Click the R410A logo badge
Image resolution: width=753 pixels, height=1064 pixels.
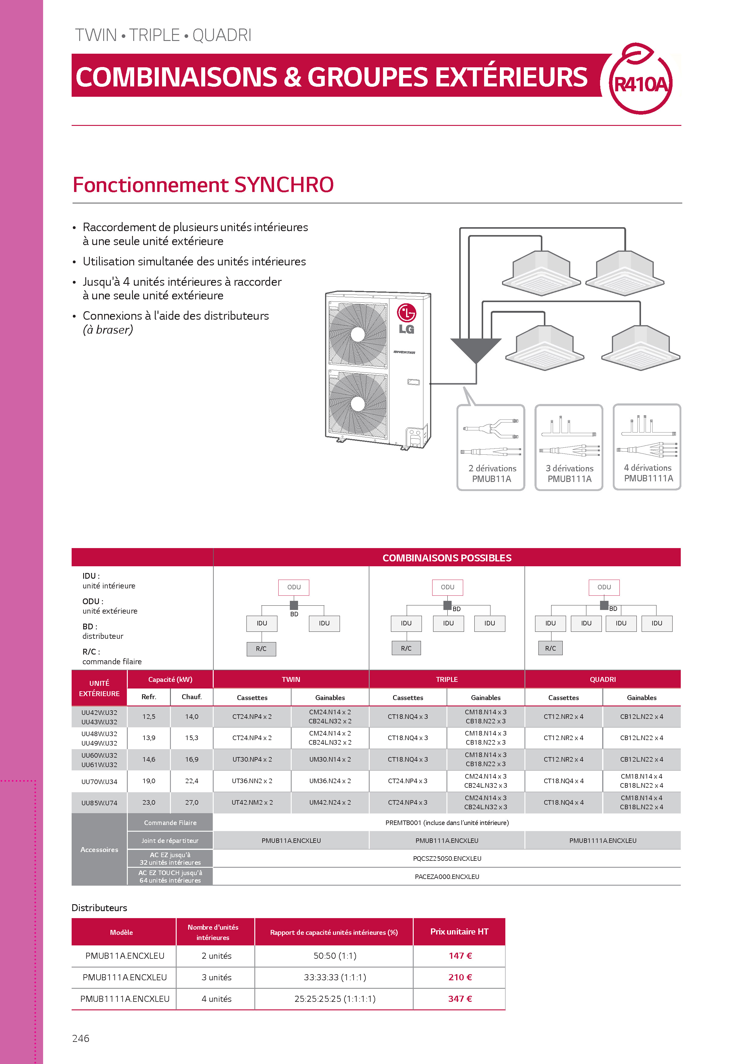point(640,79)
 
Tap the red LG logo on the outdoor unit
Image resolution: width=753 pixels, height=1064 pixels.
point(406,313)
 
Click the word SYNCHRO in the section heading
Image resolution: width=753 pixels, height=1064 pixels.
point(284,185)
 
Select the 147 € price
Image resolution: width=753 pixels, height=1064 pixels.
point(460,955)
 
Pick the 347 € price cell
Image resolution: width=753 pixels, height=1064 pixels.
point(460,999)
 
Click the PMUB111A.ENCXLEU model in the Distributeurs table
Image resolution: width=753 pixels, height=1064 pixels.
point(125,977)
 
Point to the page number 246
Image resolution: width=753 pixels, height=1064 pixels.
point(81,1039)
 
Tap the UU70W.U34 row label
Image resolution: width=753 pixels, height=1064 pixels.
point(99,781)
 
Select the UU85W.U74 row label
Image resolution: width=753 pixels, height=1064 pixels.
point(99,803)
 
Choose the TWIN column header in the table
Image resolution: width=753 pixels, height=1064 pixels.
point(291,679)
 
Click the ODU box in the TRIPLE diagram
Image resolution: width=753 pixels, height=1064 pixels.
point(447,587)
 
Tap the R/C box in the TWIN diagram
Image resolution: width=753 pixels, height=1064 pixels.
point(261,649)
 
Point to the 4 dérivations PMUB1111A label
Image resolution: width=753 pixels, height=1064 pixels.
point(648,473)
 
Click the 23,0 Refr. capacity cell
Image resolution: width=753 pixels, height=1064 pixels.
point(149,802)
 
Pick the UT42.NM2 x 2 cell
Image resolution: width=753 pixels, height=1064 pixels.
point(252,802)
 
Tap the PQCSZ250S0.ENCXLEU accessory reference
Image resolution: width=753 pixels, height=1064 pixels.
point(447,858)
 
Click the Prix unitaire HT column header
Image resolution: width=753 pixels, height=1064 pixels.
point(459,931)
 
